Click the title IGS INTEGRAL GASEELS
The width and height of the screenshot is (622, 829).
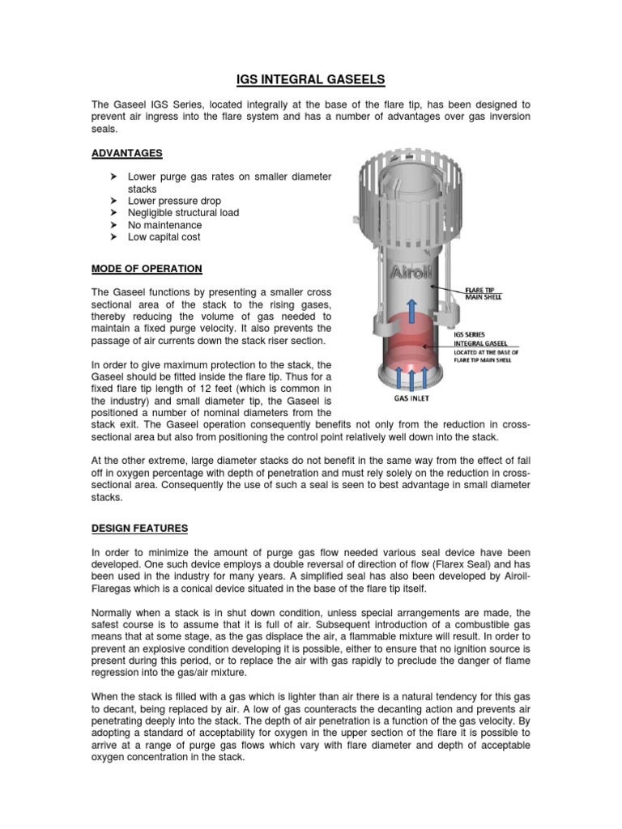pyautogui.click(x=311, y=79)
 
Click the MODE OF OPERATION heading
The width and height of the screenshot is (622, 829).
pyautogui.click(x=147, y=268)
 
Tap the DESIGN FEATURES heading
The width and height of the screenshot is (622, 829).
pyautogui.click(x=139, y=528)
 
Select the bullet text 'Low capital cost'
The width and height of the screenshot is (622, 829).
pyautogui.click(x=164, y=237)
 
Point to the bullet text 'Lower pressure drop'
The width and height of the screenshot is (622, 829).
pyautogui.click(x=174, y=201)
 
